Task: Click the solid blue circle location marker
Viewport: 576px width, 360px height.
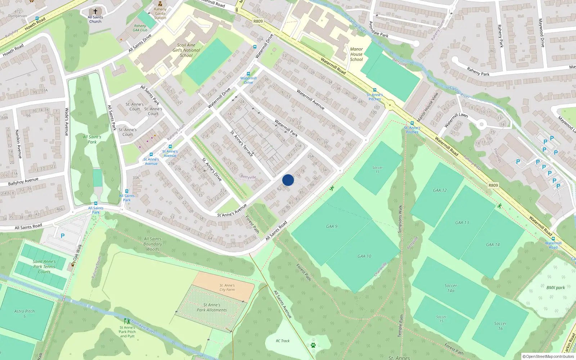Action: [288, 180]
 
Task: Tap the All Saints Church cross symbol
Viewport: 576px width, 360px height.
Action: [95, 12]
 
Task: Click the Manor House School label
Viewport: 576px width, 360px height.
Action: [356, 54]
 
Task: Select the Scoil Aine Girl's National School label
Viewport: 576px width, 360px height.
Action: [186, 50]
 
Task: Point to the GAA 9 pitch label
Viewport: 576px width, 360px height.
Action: [332, 226]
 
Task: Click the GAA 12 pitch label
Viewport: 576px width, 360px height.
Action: [440, 190]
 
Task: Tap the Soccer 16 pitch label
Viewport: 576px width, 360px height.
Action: [500, 326]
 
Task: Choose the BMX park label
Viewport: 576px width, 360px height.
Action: [555, 288]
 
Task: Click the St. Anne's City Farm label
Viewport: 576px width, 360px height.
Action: [227, 287]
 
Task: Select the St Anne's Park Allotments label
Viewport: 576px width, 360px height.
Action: [212, 307]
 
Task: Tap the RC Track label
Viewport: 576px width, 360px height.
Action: [283, 341]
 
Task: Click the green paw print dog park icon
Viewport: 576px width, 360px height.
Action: [313, 345]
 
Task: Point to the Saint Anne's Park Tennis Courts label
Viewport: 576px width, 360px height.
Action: [44, 267]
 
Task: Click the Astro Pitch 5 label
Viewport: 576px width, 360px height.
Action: [24, 314]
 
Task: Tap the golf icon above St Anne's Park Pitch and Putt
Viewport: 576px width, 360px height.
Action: [127, 321]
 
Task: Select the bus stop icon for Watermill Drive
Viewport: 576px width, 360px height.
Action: [248, 74]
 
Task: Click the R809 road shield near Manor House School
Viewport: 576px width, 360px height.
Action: [258, 21]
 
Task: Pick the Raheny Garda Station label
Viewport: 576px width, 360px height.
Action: [160, 13]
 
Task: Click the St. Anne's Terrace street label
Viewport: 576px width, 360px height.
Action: [242, 143]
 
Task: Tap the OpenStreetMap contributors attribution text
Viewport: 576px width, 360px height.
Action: [548, 356]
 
